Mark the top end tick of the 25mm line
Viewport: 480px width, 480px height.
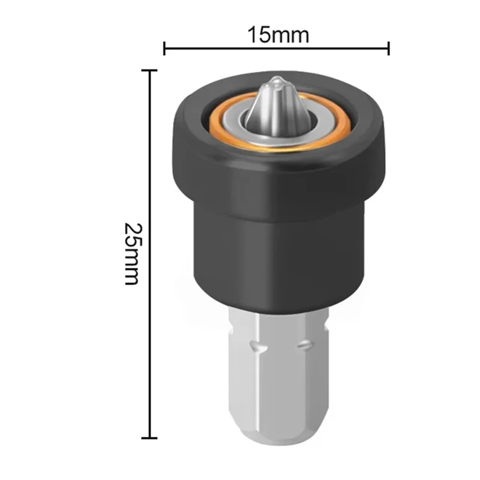149,70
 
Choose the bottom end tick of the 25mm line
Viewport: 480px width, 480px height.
149,438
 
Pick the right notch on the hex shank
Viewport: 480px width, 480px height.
304,344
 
